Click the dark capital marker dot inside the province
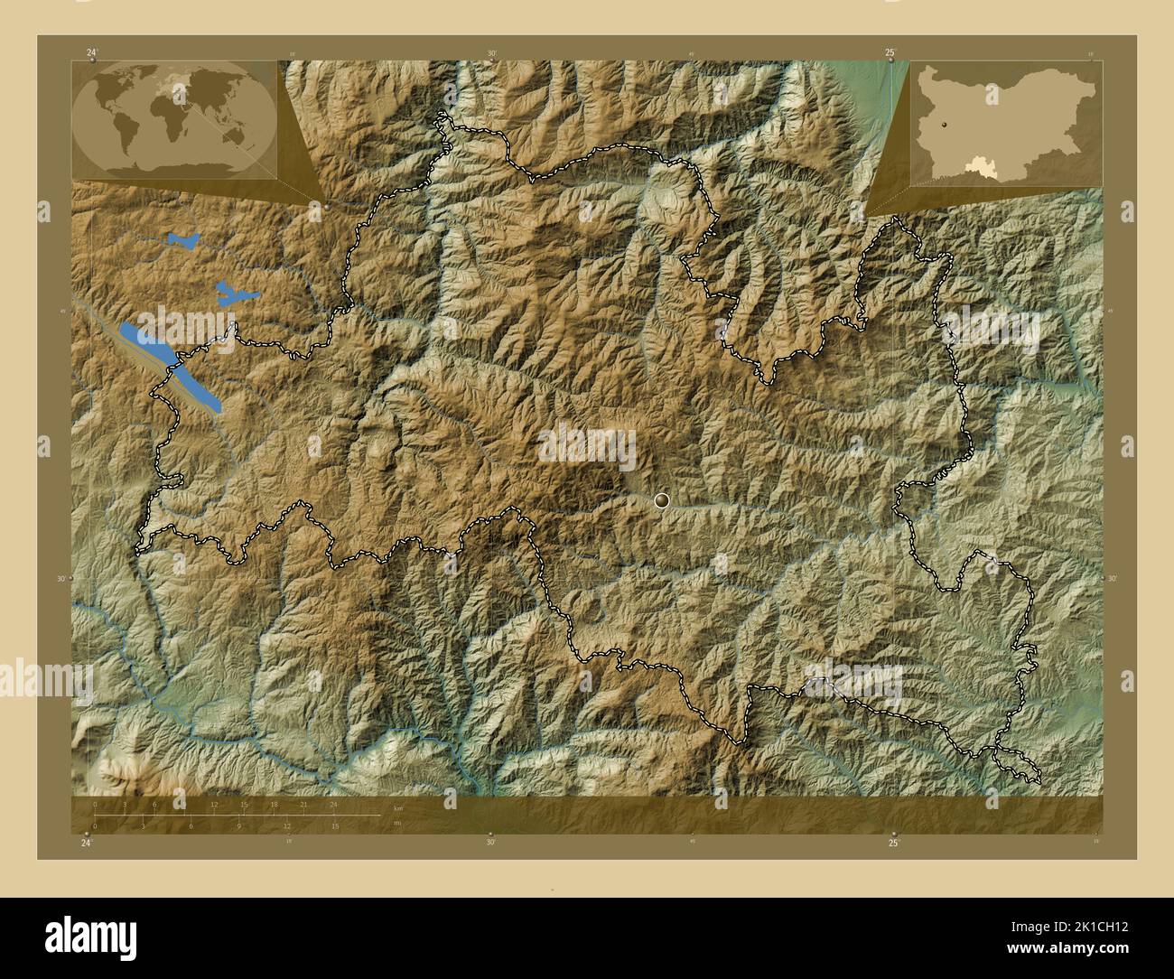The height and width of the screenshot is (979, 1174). tap(664, 499)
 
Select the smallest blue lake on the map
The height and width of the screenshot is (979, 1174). tap(183, 241)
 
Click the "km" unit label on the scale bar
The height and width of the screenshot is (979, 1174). tap(398, 807)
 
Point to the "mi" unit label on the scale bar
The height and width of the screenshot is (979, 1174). tap(397, 824)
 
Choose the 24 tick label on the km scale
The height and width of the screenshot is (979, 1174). tap(333, 804)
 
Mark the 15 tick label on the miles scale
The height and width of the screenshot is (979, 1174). tap(334, 826)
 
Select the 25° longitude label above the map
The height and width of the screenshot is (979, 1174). tap(890, 53)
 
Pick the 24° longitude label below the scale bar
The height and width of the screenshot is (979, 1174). tap(86, 843)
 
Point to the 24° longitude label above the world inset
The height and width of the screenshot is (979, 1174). tap(91, 53)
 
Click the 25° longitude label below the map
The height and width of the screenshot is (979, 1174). tap(892, 843)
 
